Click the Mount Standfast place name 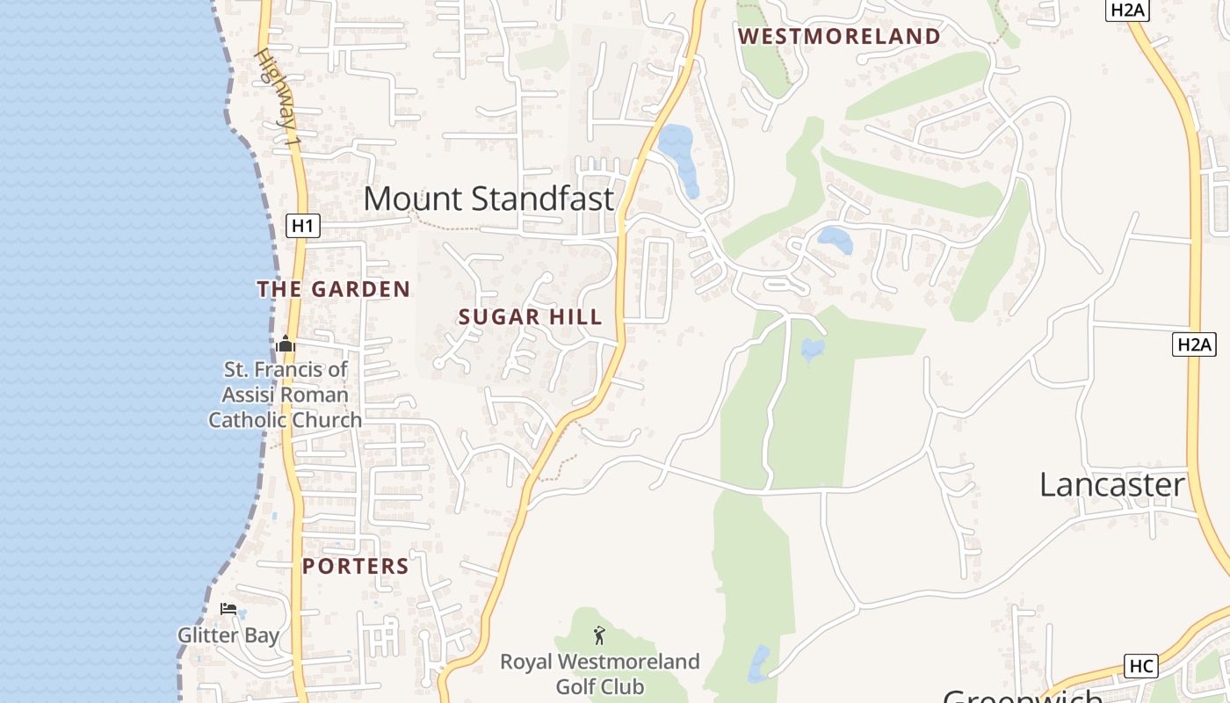click(x=488, y=199)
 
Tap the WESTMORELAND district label click(x=839, y=37)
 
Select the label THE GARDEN click(x=334, y=289)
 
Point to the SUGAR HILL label click(x=531, y=317)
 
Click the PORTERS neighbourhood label click(x=356, y=567)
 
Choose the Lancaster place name click(x=1112, y=485)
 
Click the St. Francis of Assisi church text click(x=285, y=395)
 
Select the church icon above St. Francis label click(x=286, y=344)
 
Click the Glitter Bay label click(x=228, y=635)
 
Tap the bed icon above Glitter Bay click(x=228, y=609)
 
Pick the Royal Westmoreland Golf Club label click(x=600, y=674)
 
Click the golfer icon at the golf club click(x=599, y=634)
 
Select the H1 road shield click(x=302, y=226)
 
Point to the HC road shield click(x=1140, y=666)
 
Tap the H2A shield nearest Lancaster click(x=1194, y=344)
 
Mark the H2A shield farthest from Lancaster click(x=1128, y=10)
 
